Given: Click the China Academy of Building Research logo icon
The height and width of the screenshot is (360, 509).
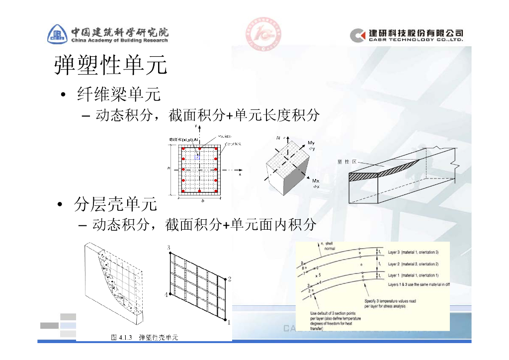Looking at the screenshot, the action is click(x=58, y=34).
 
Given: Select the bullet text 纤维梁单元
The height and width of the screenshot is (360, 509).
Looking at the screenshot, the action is click(x=118, y=94).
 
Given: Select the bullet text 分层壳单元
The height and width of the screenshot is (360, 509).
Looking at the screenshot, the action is click(x=115, y=204).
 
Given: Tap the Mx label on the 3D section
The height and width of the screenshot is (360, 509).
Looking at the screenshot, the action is click(x=315, y=181).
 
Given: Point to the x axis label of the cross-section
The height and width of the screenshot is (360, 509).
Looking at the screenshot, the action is click(x=240, y=175).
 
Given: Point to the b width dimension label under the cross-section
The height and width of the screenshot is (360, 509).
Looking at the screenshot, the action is click(x=202, y=201).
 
